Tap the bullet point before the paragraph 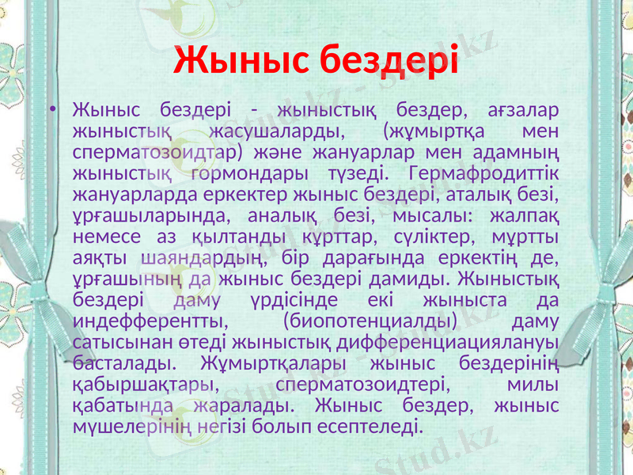[x=52, y=109]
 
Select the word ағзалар [x=520, y=108]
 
